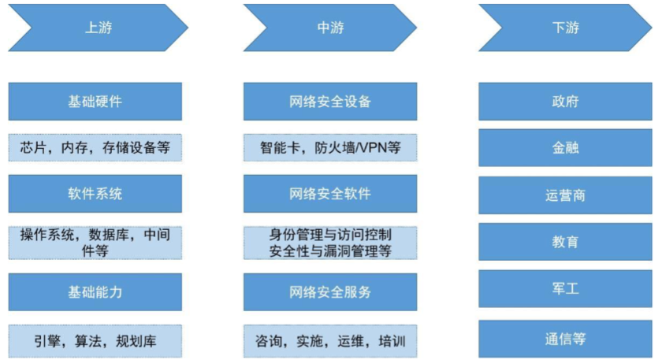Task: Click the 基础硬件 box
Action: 95,102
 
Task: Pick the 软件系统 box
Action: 95,194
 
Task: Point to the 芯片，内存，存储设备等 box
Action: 95,147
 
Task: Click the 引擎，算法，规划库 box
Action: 95,341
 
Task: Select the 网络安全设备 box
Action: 330,102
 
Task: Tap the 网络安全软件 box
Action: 330,194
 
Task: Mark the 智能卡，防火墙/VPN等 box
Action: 330,147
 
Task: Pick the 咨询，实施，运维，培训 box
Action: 330,341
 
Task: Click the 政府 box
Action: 565,102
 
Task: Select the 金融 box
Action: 565,147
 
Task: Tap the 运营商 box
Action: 565,195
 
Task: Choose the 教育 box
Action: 565,242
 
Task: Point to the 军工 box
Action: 565,289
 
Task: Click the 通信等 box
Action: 565,339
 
